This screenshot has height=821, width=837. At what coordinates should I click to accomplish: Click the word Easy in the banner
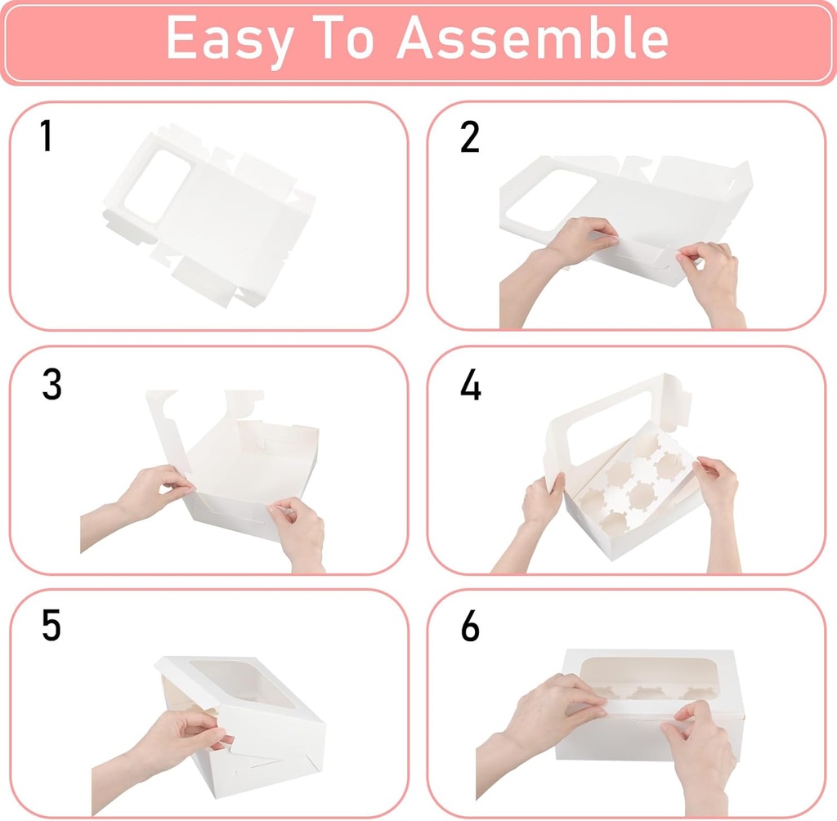point(227,38)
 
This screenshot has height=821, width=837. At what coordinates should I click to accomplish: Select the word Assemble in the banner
point(533,38)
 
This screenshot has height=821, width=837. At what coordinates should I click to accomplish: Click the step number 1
point(47,136)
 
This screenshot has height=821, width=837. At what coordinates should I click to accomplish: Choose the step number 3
point(51,384)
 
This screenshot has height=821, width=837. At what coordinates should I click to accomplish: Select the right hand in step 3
point(298,531)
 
